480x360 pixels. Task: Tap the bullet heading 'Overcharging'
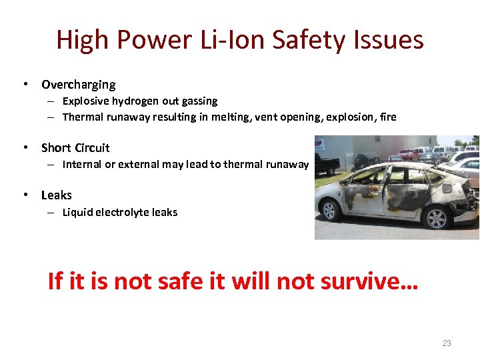[x=78, y=85]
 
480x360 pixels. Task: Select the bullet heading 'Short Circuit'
[x=75, y=148]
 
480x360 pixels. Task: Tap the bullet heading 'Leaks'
[x=56, y=195]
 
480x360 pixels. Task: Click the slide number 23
[x=447, y=343]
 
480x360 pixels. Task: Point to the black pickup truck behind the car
[x=326, y=163]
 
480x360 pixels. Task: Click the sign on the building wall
[x=320, y=144]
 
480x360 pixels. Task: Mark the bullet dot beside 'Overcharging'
[x=25, y=85]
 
